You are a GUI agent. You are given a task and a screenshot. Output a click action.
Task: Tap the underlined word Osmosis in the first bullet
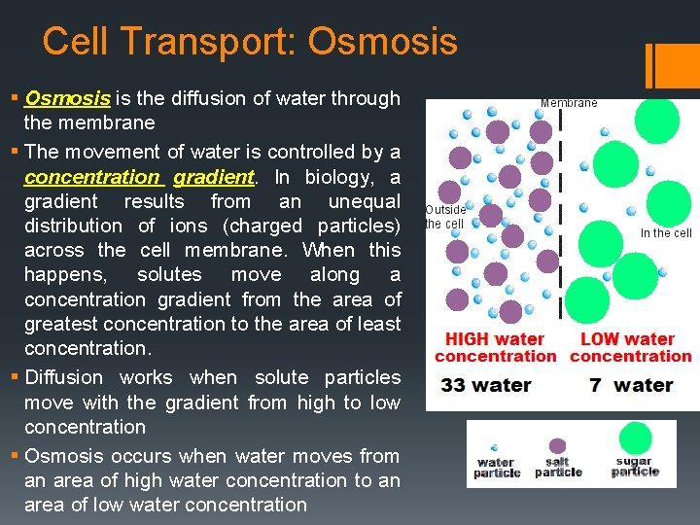pos(67,98)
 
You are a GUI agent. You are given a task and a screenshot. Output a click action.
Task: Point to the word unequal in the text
pos(365,201)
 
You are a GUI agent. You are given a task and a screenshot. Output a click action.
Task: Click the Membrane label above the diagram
pos(569,102)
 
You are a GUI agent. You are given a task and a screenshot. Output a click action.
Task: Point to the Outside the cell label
pos(445,216)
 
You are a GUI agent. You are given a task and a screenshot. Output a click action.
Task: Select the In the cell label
pos(666,232)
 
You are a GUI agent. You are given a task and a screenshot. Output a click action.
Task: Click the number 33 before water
pos(453,385)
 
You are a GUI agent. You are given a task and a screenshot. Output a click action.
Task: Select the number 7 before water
pos(594,385)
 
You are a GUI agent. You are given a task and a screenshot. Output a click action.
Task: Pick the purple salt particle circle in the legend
pos(558,443)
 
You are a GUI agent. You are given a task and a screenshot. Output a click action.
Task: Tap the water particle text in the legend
pos(497,468)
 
